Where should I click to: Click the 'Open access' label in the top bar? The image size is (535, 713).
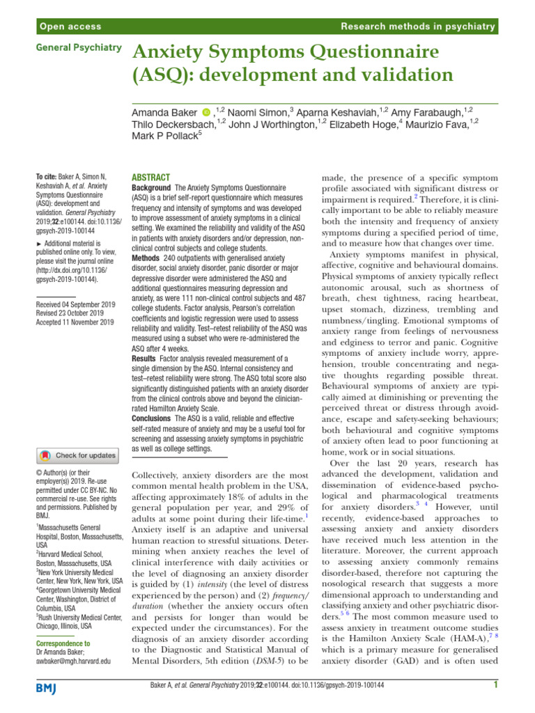pyautogui.click(x=70, y=26)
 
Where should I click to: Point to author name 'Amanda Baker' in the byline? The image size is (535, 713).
pyautogui.click(x=164, y=111)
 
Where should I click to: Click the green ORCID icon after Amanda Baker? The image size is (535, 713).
pyautogui.click(x=206, y=111)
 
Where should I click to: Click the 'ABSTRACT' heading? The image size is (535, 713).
pyautogui.click(x=150, y=178)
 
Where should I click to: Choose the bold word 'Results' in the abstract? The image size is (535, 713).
pyautogui.click(x=146, y=357)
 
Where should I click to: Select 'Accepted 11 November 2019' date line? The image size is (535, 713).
pyautogui.click(x=75, y=322)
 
